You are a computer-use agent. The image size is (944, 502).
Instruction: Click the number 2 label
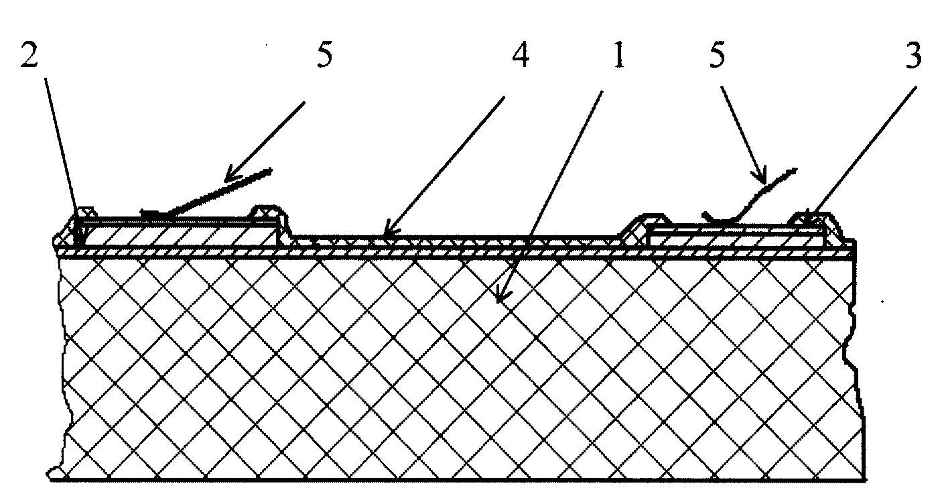[29, 55]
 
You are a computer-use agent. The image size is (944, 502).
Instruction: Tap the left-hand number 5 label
[325, 55]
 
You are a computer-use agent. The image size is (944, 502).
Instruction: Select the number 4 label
[521, 55]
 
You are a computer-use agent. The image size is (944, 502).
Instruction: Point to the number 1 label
[618, 55]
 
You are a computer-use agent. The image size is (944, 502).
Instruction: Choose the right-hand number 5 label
[717, 55]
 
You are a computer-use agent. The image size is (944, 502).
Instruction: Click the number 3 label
[913, 55]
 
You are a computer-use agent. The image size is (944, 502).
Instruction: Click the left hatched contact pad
[177, 233]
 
